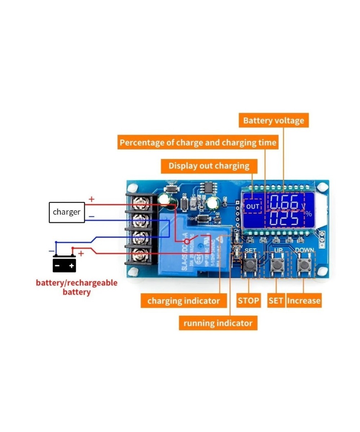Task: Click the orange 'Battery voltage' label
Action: click(x=274, y=120)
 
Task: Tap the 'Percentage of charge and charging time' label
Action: click(x=198, y=143)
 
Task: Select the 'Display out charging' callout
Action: click(x=209, y=166)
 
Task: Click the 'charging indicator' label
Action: click(x=184, y=301)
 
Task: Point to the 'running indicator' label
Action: click(x=218, y=323)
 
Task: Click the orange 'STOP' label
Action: click(x=248, y=301)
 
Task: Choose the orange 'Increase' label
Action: click(x=303, y=301)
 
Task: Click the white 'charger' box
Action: click(x=67, y=212)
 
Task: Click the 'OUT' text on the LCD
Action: click(x=253, y=207)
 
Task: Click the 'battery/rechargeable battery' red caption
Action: click(x=76, y=287)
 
